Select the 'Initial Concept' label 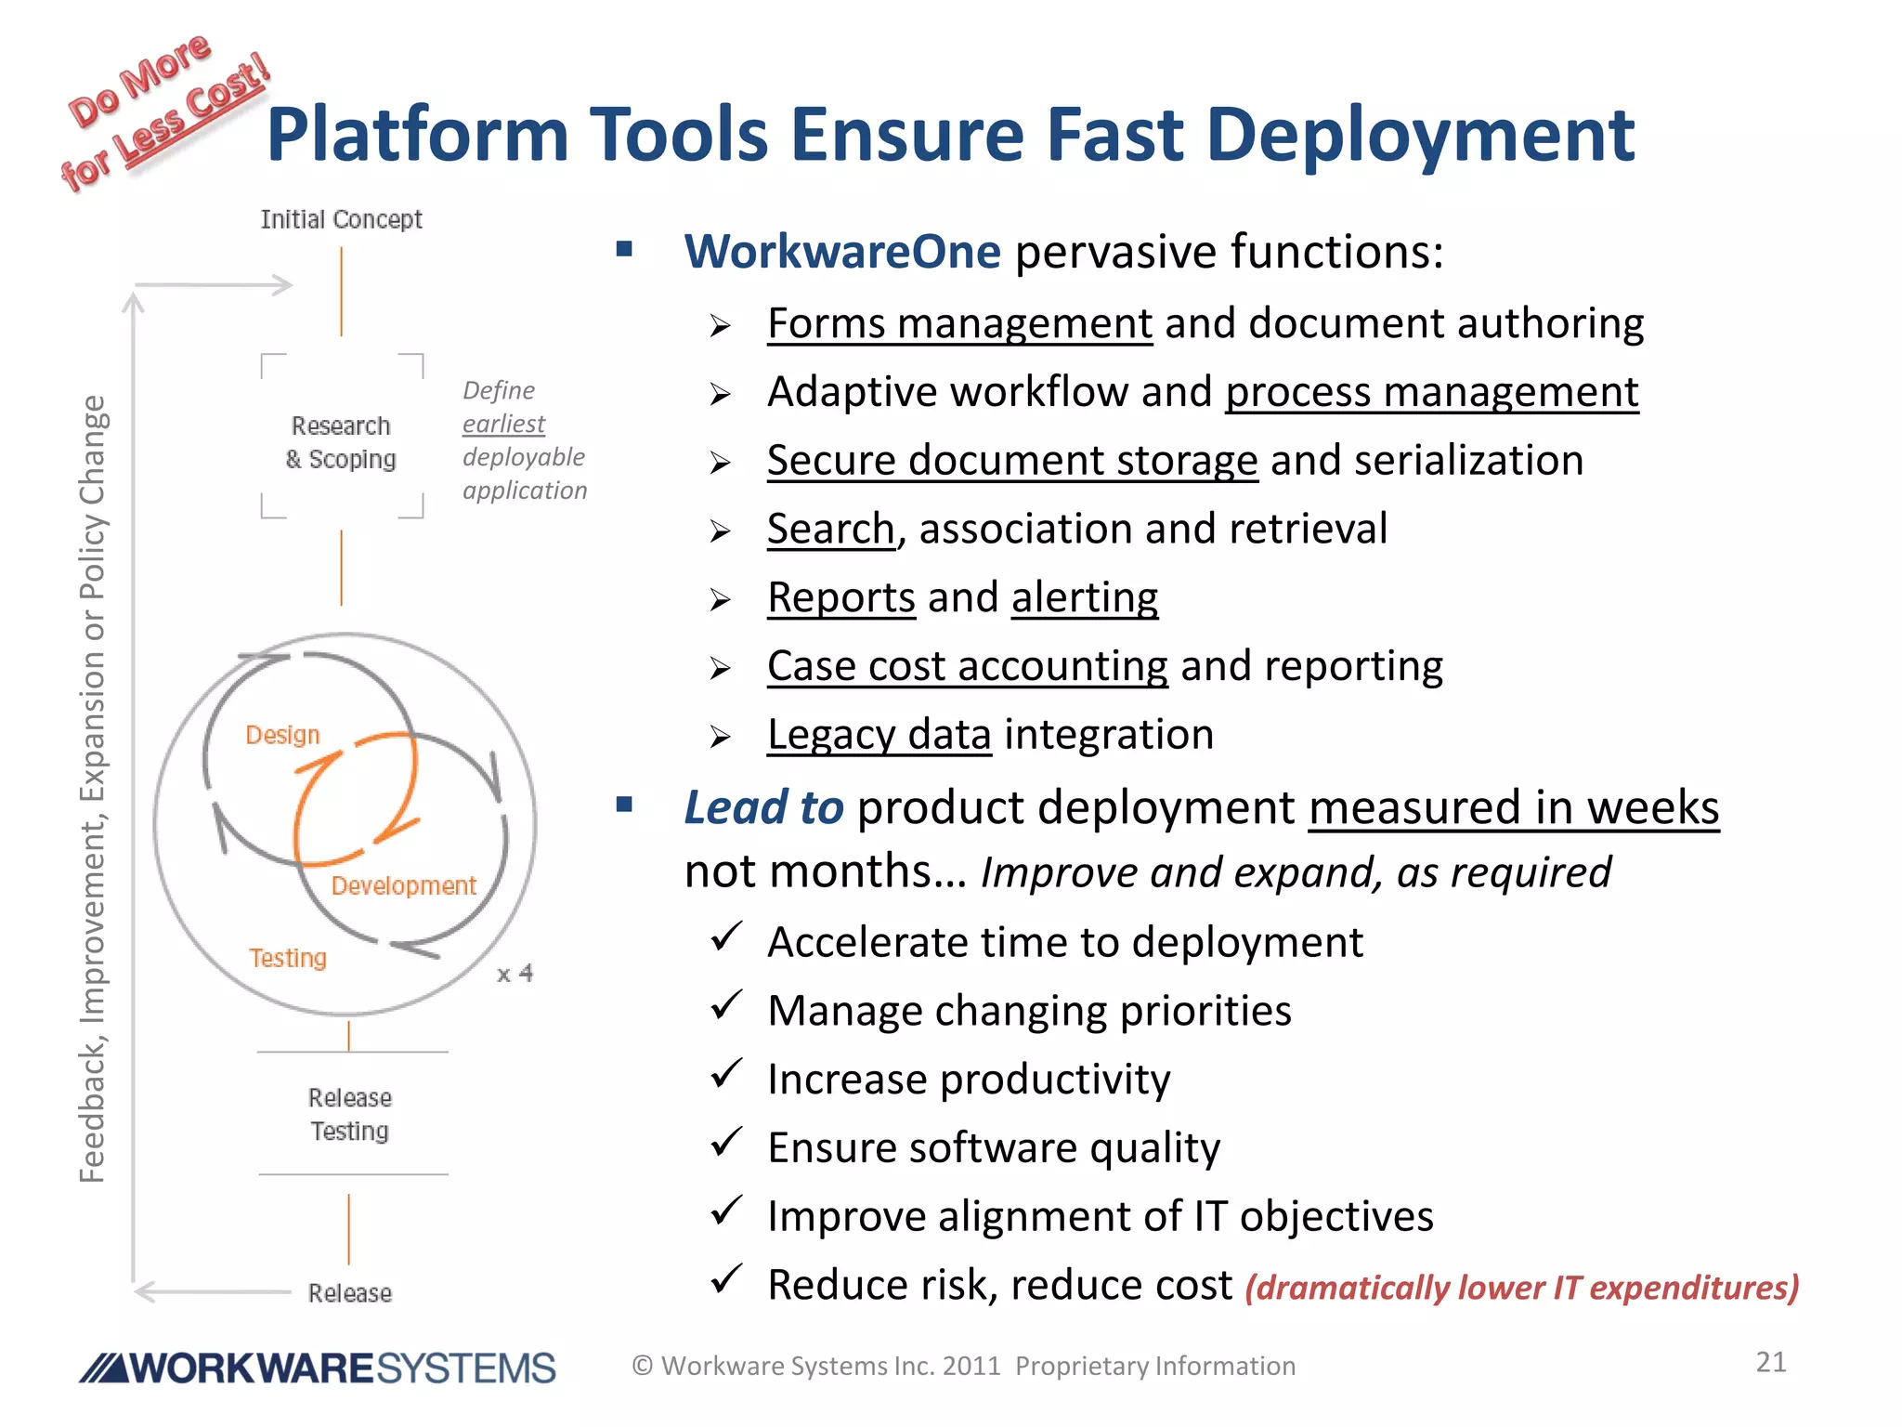(341, 219)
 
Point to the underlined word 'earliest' (503, 424)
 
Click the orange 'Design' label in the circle (282, 735)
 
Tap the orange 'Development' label (403, 885)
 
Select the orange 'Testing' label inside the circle (288, 958)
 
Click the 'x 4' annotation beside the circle (515, 974)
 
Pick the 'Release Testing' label (350, 1114)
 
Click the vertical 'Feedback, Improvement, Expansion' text (93, 790)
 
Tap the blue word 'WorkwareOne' (842, 252)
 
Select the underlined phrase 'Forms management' (959, 324)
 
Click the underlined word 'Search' (830, 530)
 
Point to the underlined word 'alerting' (1084, 597)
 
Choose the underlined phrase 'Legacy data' (879, 735)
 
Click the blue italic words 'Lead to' (763, 807)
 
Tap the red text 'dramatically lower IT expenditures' (1521, 1288)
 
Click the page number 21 (1770, 1362)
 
